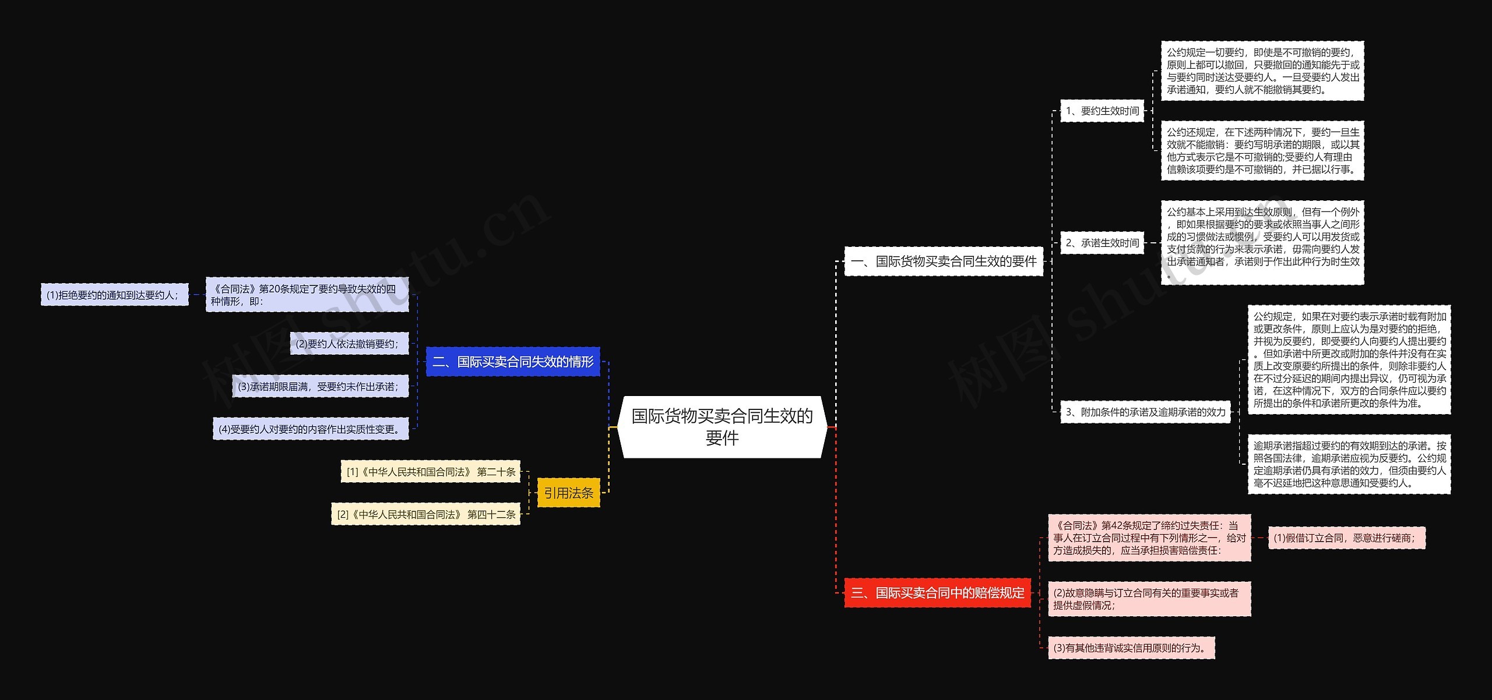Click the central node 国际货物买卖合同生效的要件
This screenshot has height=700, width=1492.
point(722,427)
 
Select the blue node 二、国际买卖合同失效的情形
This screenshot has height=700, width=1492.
point(513,362)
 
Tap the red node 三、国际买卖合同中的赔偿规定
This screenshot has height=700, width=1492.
point(937,593)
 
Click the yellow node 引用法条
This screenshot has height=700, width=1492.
point(568,493)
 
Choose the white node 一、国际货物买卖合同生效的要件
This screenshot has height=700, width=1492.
point(944,261)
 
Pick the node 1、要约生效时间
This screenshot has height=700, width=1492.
point(1102,111)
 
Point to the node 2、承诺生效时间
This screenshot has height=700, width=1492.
point(1102,243)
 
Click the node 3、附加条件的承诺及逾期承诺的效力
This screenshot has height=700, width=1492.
point(1145,412)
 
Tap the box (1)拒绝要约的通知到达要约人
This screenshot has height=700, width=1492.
point(114,295)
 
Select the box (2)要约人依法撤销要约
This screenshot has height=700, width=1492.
point(349,344)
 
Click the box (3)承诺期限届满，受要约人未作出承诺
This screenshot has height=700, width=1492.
point(320,386)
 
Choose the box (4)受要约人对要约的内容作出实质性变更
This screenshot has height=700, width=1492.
point(311,429)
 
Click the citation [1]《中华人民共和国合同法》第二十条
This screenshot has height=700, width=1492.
point(430,472)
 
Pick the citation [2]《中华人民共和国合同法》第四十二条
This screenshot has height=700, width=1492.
point(425,514)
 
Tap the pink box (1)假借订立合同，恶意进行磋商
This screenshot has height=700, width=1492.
point(1346,538)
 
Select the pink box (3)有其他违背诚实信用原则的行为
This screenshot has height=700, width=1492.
point(1131,648)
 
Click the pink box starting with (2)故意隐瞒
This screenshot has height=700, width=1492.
point(1149,599)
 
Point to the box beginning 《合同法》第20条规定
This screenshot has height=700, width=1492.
point(307,295)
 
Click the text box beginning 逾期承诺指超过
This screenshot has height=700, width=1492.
point(1349,464)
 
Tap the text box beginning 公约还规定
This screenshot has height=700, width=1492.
point(1262,151)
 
